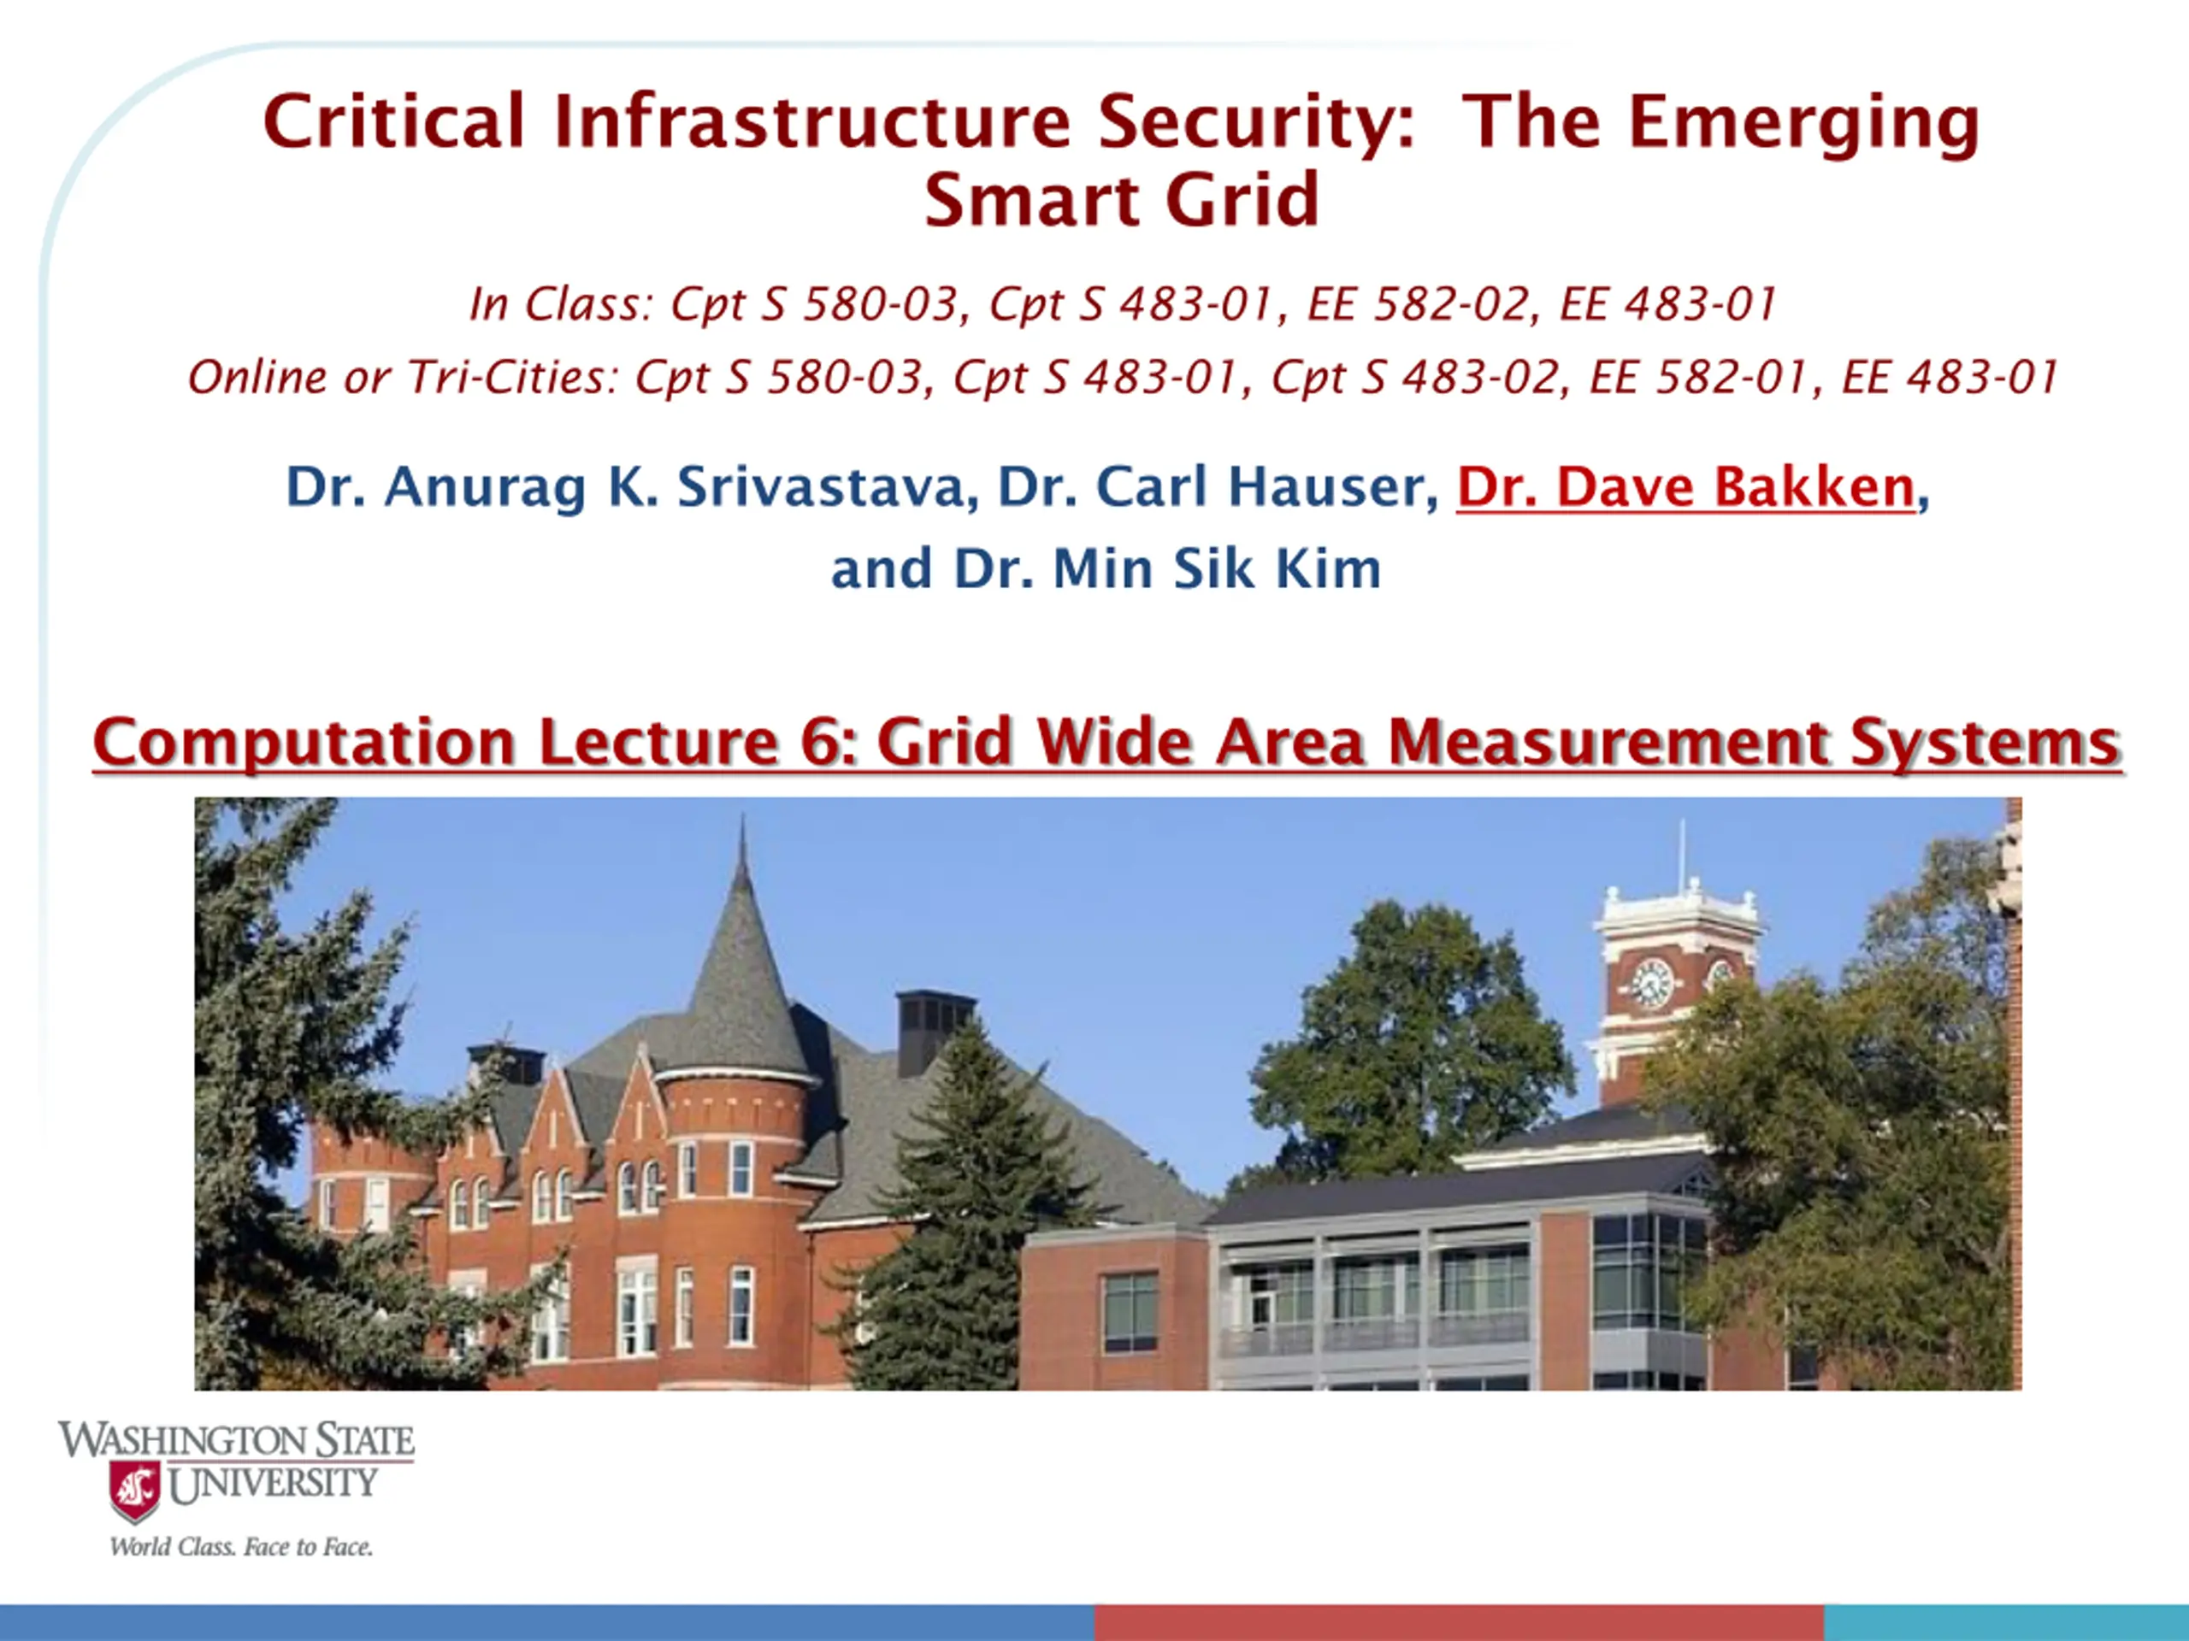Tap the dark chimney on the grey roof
935,1030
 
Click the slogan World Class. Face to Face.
241,1547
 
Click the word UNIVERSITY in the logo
273,1484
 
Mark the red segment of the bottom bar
1460,1623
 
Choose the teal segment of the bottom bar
2007,1623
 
